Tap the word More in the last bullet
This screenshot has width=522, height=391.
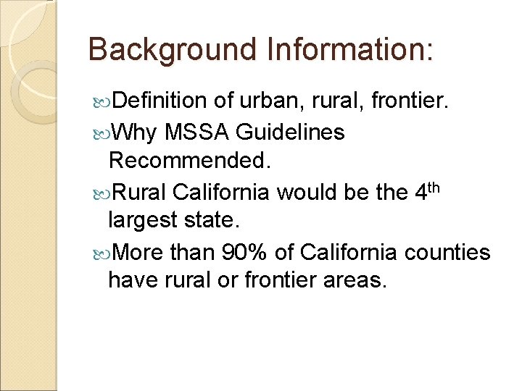(x=138, y=253)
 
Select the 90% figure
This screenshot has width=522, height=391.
(x=247, y=253)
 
